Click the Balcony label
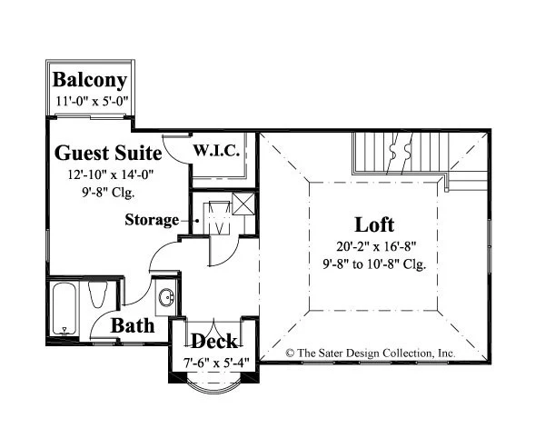pyautogui.click(x=90, y=81)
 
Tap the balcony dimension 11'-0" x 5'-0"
pyautogui.click(x=92, y=102)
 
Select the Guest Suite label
pyautogui.click(x=108, y=154)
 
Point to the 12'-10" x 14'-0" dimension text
pyautogui.click(x=111, y=174)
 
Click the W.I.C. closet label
pyautogui.click(x=216, y=151)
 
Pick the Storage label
pyautogui.click(x=152, y=220)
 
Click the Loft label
pyautogui.click(x=374, y=224)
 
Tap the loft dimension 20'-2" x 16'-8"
pyautogui.click(x=376, y=246)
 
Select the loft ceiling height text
pyautogui.click(x=374, y=264)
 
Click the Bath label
pyautogui.click(x=133, y=326)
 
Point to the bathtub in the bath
pyautogui.click(x=64, y=308)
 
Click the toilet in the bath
pyautogui.click(x=98, y=294)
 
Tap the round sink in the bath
pyautogui.click(x=167, y=298)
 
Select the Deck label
pyautogui.click(x=214, y=341)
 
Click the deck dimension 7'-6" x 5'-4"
pyautogui.click(x=216, y=363)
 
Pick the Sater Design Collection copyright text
pyautogui.click(x=371, y=353)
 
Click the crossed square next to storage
pyautogui.click(x=243, y=204)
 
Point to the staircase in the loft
pyautogui.click(x=401, y=153)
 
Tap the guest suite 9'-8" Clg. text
pyautogui.click(x=108, y=193)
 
